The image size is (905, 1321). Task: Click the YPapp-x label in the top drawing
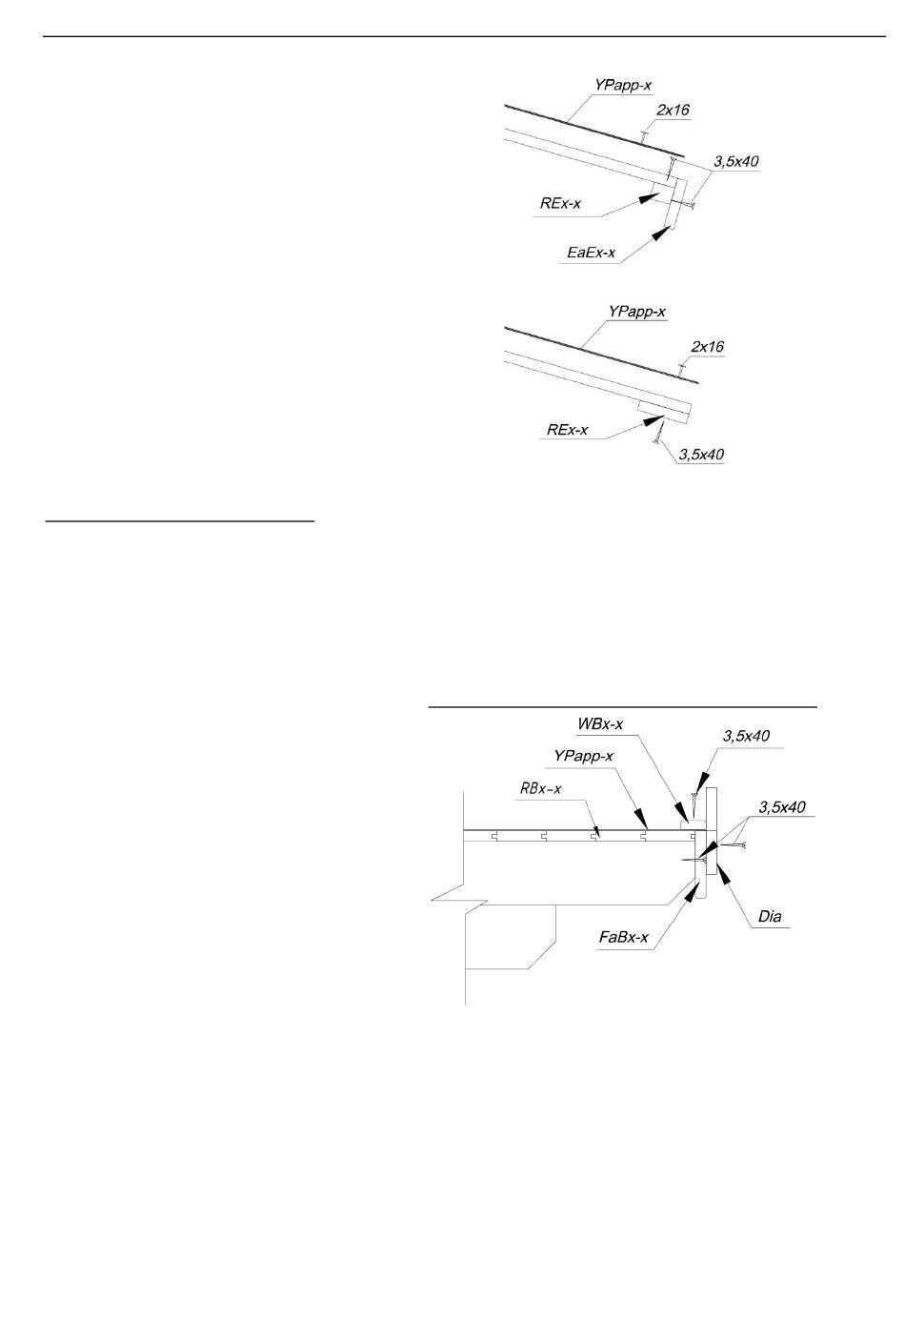tap(623, 86)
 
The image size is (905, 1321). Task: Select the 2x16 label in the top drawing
tap(673, 111)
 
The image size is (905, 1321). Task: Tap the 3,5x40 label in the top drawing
tap(735, 162)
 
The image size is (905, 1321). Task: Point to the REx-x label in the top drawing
tap(560, 203)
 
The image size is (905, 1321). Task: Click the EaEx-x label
tap(591, 253)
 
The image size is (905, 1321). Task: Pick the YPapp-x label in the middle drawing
tap(636, 312)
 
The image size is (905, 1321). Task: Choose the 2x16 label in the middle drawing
tap(707, 347)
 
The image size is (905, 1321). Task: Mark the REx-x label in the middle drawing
tap(567, 430)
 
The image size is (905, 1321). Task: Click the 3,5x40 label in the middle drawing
tap(701, 454)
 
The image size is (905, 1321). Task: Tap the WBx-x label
tap(600, 724)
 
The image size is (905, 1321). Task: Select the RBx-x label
tap(540, 788)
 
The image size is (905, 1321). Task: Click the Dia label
tap(770, 917)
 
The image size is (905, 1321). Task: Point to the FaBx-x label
tap(624, 937)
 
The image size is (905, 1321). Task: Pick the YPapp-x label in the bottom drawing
tap(583, 756)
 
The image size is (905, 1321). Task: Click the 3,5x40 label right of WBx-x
tap(746, 736)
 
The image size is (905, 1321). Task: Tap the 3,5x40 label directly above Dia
tap(782, 806)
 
